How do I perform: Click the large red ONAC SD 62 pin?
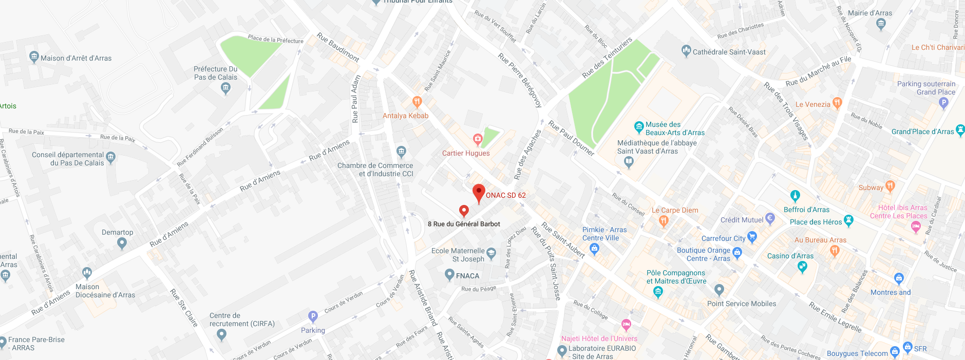[479, 193]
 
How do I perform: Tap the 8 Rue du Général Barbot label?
[464, 224]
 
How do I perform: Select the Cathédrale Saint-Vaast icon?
[686, 51]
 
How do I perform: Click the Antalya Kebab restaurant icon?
[417, 102]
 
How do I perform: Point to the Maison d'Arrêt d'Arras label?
[76, 58]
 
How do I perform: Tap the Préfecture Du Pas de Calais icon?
[225, 88]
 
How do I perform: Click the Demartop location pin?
[122, 243]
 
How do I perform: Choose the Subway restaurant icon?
[890, 186]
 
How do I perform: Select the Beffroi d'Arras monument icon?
[795, 196]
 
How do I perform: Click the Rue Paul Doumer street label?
[571, 138]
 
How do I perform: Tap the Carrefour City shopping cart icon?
[752, 237]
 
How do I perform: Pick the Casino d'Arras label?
[790, 256]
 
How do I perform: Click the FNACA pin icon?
[449, 275]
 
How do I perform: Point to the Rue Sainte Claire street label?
[184, 308]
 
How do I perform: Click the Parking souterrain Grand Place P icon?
[943, 102]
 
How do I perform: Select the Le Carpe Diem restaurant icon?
[664, 221]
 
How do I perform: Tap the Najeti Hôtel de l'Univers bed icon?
[626, 325]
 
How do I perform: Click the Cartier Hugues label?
[466, 153]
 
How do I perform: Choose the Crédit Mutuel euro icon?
[770, 218]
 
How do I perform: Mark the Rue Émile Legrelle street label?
[835, 317]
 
